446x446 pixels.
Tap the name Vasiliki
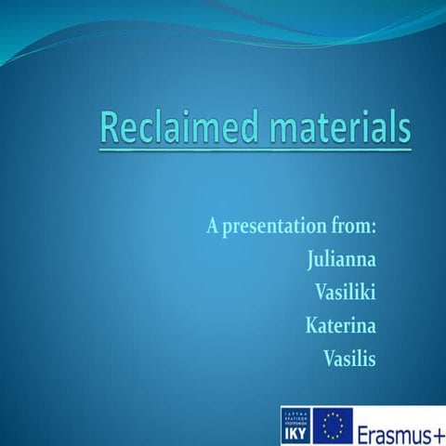(346, 292)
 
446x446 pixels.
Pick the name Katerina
(340, 325)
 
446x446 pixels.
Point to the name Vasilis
(348, 359)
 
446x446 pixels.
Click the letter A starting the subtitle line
(213, 225)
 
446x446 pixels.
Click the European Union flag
(333, 424)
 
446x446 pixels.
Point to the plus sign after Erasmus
(436, 426)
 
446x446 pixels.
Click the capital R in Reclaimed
(111, 127)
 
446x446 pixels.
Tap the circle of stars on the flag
(333, 424)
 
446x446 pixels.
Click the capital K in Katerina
(311, 325)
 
